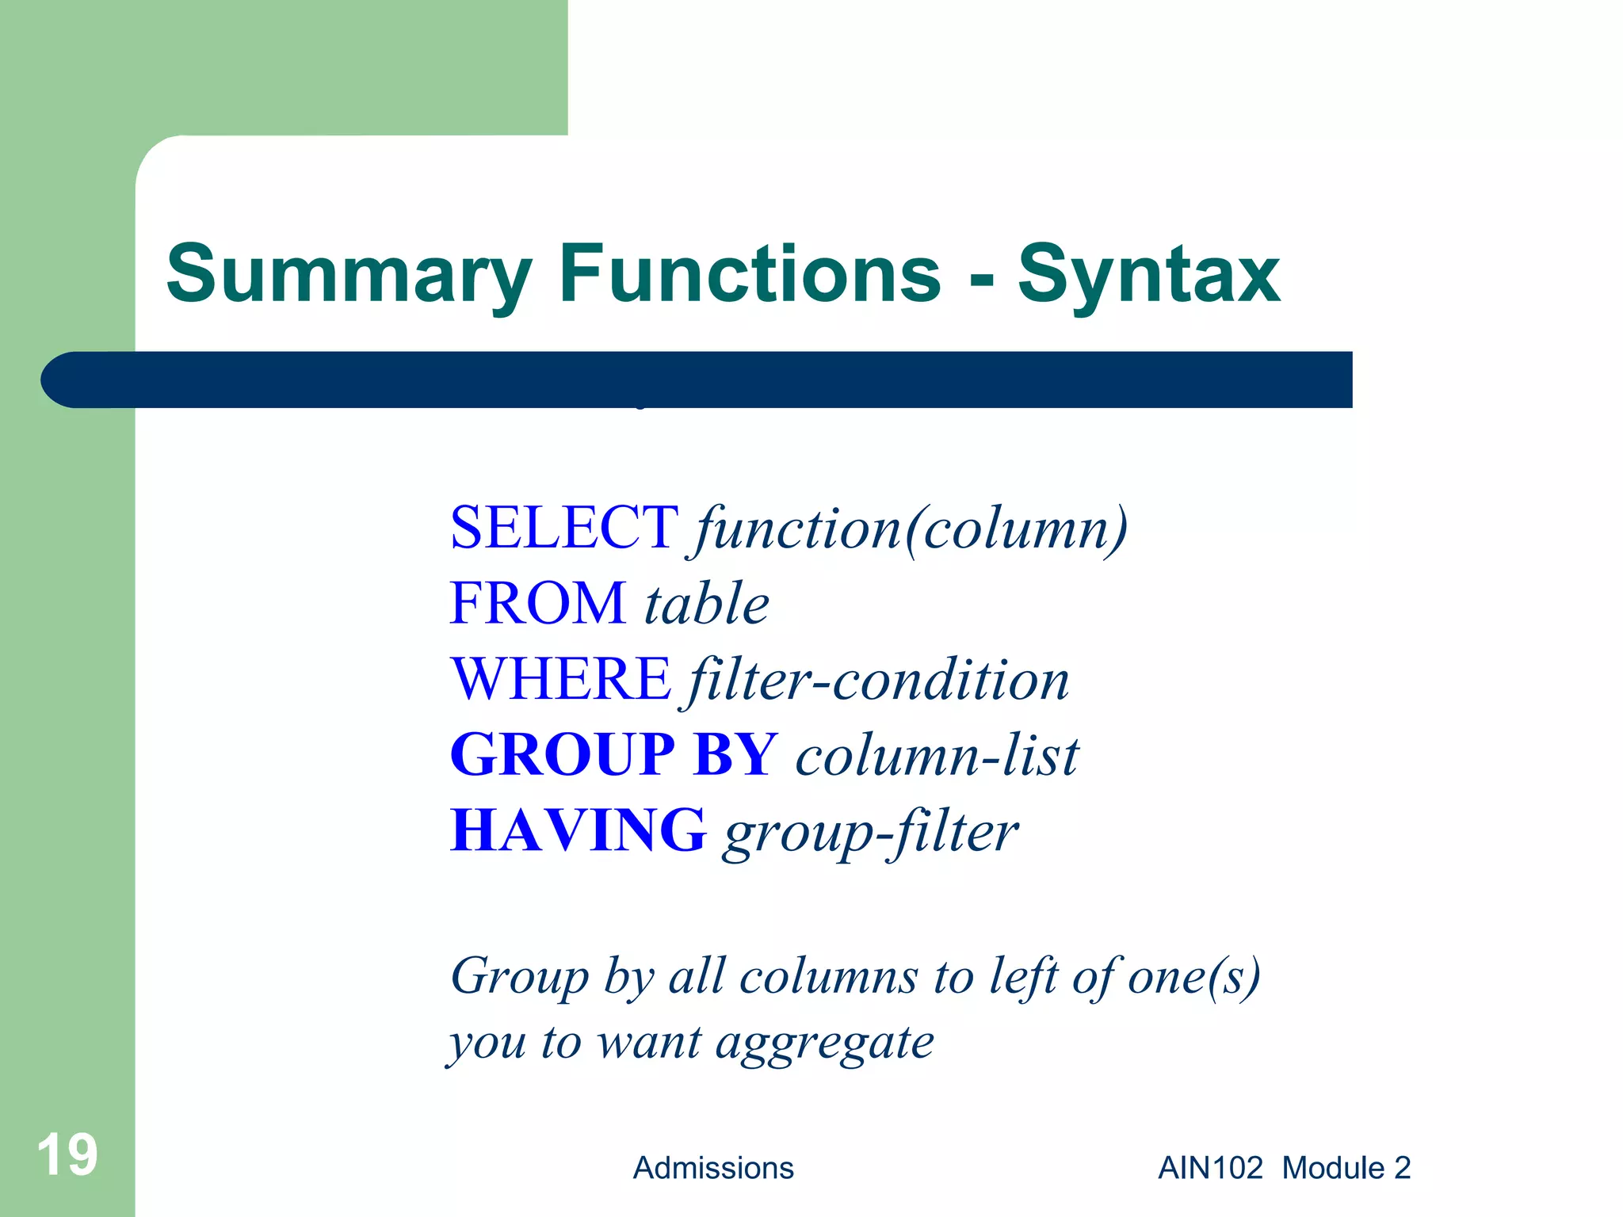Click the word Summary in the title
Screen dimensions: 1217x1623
(x=349, y=275)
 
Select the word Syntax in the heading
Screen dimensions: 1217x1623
(x=1148, y=275)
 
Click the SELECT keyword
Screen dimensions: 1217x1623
(x=563, y=528)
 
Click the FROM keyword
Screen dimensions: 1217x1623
(x=538, y=604)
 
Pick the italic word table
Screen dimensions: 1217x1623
(x=706, y=604)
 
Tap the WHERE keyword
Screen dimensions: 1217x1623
(x=561, y=679)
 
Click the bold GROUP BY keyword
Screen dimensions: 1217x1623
(x=614, y=754)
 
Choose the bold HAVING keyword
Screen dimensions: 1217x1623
(x=578, y=830)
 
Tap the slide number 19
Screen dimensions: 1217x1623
(x=67, y=1155)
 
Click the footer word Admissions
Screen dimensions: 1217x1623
(x=713, y=1168)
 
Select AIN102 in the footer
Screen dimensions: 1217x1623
(x=1210, y=1168)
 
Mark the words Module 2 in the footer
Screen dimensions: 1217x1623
(x=1346, y=1168)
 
